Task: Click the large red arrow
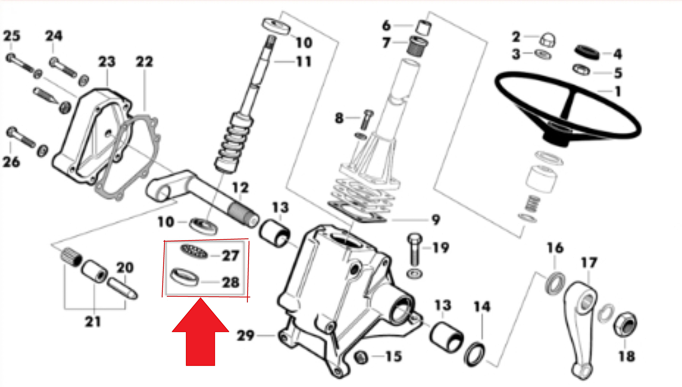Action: click(200, 332)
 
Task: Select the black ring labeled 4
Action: click(587, 53)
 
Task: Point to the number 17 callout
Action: click(589, 263)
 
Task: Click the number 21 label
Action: click(93, 322)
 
